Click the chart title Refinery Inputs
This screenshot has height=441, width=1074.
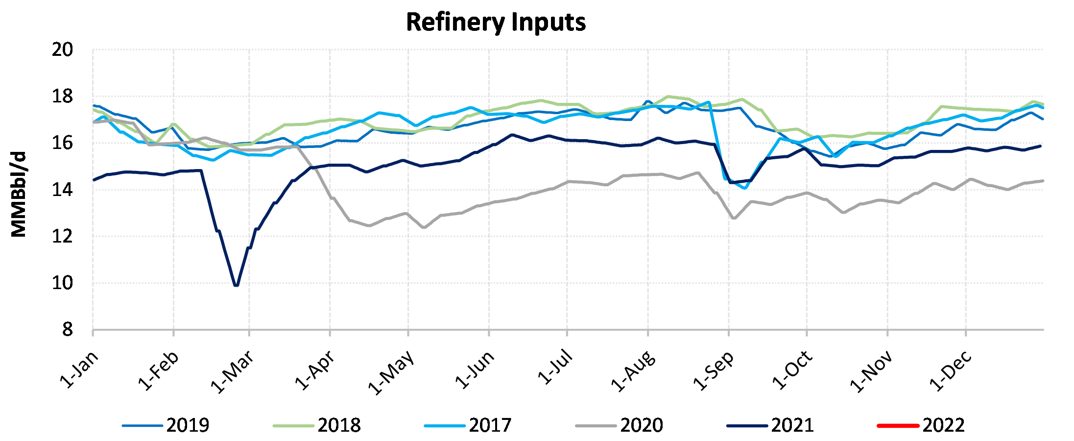pyautogui.click(x=496, y=23)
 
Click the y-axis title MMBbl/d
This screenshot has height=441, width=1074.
pyautogui.click(x=19, y=195)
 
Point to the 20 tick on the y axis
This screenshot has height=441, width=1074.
pyautogui.click(x=62, y=50)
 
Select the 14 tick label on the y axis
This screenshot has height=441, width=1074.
pyautogui.click(x=62, y=190)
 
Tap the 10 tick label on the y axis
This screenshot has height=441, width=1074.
pyautogui.click(x=62, y=283)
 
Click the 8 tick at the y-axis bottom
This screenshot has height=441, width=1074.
pyautogui.click(x=67, y=330)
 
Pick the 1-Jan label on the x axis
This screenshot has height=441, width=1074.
pyautogui.click(x=79, y=370)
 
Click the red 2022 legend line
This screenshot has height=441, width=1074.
pyautogui.click(x=898, y=425)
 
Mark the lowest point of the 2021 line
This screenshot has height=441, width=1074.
pyautogui.click(x=237, y=285)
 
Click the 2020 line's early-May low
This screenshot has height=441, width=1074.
pyautogui.click(x=424, y=227)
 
